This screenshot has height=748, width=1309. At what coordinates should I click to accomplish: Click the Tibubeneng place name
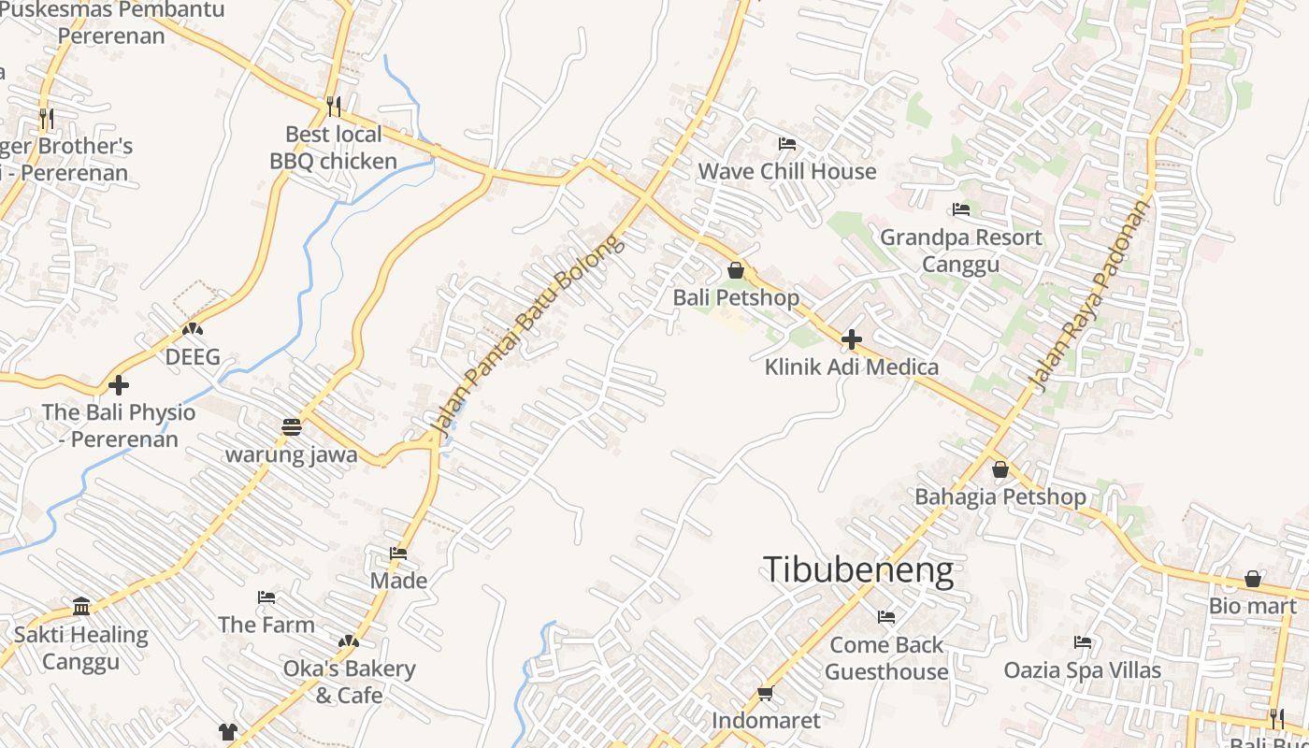pyautogui.click(x=858, y=569)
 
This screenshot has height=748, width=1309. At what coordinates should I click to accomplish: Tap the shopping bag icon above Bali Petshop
pyautogui.click(x=736, y=271)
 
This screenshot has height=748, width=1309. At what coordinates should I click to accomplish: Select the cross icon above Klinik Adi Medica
pyautogui.click(x=851, y=339)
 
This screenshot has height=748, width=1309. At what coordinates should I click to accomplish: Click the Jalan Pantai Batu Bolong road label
pyautogui.click(x=527, y=335)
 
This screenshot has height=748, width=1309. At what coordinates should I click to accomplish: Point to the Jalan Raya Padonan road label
pyautogui.click(x=1089, y=295)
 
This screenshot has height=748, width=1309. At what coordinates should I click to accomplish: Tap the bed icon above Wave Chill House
pyautogui.click(x=787, y=144)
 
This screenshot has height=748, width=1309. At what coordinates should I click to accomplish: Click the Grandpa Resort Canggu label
pyautogui.click(x=960, y=251)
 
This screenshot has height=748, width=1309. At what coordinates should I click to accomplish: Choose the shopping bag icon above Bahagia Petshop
pyautogui.click(x=1000, y=469)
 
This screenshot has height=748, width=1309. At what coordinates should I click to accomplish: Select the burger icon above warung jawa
pyautogui.click(x=292, y=427)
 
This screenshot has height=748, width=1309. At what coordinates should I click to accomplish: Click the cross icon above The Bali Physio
pyautogui.click(x=119, y=384)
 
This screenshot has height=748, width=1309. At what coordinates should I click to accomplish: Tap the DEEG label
pyautogui.click(x=193, y=357)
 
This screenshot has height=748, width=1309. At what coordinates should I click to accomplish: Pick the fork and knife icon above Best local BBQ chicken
pyautogui.click(x=334, y=106)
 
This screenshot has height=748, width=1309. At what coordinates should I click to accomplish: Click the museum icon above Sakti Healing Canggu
pyautogui.click(x=81, y=606)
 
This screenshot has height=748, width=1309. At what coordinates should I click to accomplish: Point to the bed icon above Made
pyautogui.click(x=398, y=553)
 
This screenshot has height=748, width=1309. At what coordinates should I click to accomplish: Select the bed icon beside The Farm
pyautogui.click(x=266, y=597)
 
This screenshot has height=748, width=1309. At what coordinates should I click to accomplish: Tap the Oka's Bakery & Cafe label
pyautogui.click(x=349, y=682)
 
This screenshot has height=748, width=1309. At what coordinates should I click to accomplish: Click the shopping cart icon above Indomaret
pyautogui.click(x=765, y=693)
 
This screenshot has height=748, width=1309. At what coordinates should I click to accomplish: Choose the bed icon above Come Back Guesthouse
pyautogui.click(x=886, y=617)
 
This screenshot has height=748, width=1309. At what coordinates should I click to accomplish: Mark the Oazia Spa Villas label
pyautogui.click(x=1082, y=670)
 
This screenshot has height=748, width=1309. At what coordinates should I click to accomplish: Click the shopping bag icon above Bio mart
pyautogui.click(x=1253, y=579)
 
